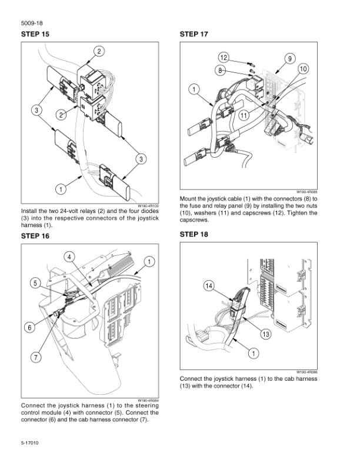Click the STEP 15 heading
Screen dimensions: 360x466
[x=35, y=34]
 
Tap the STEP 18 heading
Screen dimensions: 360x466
[x=194, y=235]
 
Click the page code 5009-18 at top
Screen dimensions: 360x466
[x=32, y=23]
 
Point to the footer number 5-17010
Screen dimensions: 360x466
[x=29, y=443]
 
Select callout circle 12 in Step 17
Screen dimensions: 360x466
[x=224, y=57]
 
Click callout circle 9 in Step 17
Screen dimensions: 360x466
[x=290, y=59]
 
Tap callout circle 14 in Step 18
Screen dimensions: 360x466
[x=209, y=286]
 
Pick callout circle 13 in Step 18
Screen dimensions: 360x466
[x=265, y=334]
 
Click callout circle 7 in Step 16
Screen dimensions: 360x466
[x=36, y=357]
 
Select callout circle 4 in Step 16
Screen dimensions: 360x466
[x=69, y=257]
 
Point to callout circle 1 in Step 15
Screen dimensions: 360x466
[x=61, y=189]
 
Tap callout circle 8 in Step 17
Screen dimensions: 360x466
[x=220, y=71]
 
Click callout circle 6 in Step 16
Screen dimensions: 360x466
[x=29, y=328]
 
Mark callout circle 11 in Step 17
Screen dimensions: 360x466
[x=244, y=115]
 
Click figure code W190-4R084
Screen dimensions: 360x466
[x=148, y=400]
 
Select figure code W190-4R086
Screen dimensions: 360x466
[x=307, y=372]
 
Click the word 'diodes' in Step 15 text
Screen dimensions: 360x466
[x=149, y=211]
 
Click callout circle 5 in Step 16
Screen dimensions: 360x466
[x=35, y=283]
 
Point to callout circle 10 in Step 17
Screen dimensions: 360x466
[x=304, y=69]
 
